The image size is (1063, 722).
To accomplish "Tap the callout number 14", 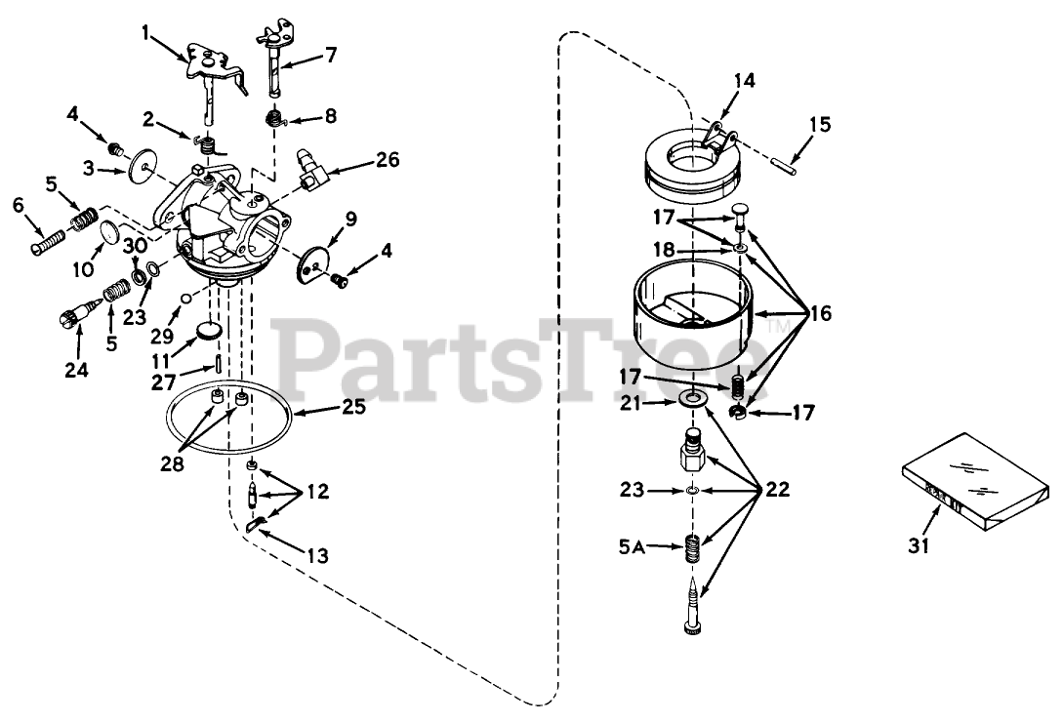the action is pyautogui.click(x=745, y=81).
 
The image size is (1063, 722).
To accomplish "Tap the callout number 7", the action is pyautogui.click(x=330, y=54).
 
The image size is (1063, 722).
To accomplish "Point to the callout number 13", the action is pyautogui.click(x=317, y=556).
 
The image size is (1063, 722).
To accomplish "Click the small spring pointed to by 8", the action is pyautogui.click(x=276, y=119).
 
